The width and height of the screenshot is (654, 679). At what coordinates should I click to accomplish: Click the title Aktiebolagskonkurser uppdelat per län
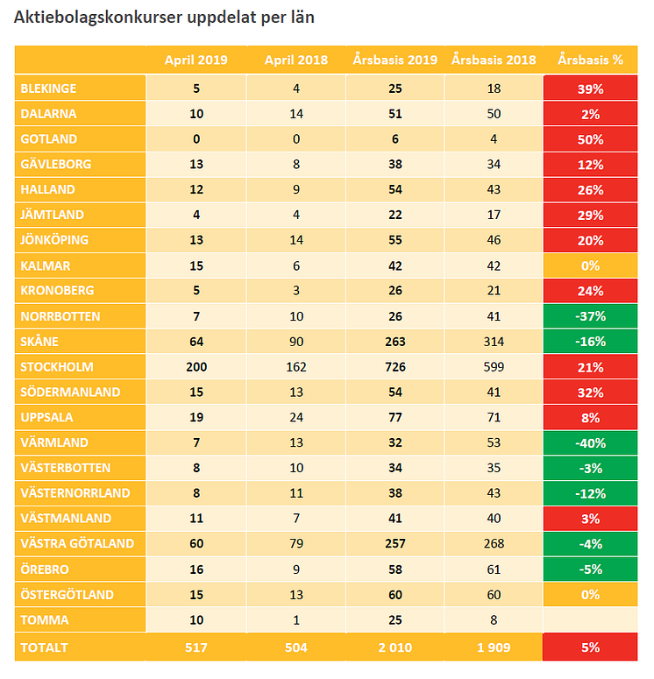point(164,18)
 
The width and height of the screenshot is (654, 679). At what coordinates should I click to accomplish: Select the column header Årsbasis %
point(590,60)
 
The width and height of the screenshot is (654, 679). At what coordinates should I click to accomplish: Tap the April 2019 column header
point(196,60)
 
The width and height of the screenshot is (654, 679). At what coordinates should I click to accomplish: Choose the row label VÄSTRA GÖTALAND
point(76,543)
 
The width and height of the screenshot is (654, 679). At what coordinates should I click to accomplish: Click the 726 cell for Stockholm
point(395,366)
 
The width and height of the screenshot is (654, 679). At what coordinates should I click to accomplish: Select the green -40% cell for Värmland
point(590,442)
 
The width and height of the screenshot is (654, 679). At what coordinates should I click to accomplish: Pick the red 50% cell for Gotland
point(590,138)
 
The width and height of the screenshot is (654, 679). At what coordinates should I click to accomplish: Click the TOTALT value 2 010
point(395,647)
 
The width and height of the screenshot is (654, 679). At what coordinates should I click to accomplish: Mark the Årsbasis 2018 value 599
point(494,366)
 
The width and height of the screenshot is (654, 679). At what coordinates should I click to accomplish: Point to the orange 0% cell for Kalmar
point(590,265)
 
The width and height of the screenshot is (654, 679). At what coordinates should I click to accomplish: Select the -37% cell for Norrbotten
point(590,316)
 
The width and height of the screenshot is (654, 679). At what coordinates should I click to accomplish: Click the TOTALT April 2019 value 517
point(196,647)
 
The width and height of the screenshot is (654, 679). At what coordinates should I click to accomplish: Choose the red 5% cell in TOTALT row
point(590,647)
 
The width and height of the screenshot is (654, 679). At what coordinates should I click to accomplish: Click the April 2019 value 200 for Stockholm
point(196,366)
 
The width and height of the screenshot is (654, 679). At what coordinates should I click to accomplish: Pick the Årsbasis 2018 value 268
point(494,543)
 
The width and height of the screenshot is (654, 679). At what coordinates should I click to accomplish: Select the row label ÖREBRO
point(45,569)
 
